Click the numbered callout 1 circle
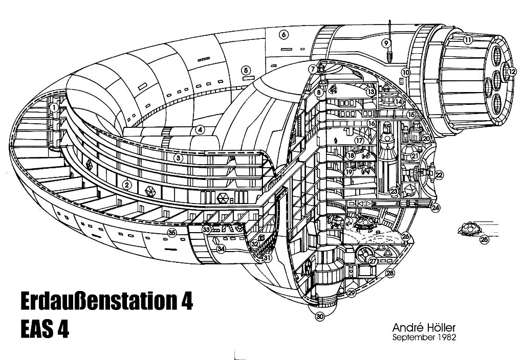coord(54,107)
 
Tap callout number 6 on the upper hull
coord(285,35)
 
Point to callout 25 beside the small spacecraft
coord(484,238)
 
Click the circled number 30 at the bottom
coord(320,317)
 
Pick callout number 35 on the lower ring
coord(172,233)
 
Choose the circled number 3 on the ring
coord(178,158)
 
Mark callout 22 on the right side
coord(439,175)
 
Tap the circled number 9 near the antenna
coord(386,43)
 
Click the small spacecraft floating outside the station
coord(468,229)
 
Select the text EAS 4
coord(45,329)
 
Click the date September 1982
coord(423,337)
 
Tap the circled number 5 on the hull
coord(246,70)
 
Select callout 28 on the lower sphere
coord(390,274)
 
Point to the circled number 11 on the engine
coord(468,39)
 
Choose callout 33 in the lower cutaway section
coord(206,230)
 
